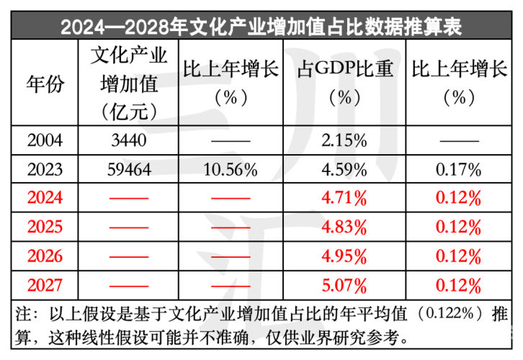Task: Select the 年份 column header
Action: pos(45,84)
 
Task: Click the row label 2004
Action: pos(45,140)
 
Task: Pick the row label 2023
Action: pos(45,170)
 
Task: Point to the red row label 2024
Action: pos(45,198)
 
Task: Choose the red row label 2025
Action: pos(45,227)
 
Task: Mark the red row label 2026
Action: pos(45,256)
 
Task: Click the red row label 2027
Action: pos(45,284)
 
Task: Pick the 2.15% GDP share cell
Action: pos(344,140)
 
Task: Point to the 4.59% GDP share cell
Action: pos(344,170)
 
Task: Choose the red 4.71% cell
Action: pos(344,198)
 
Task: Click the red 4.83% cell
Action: pos(344,227)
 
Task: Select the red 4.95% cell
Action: pos(344,256)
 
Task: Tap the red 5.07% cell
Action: pos(344,284)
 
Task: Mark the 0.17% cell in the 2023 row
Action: pos(459,170)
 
